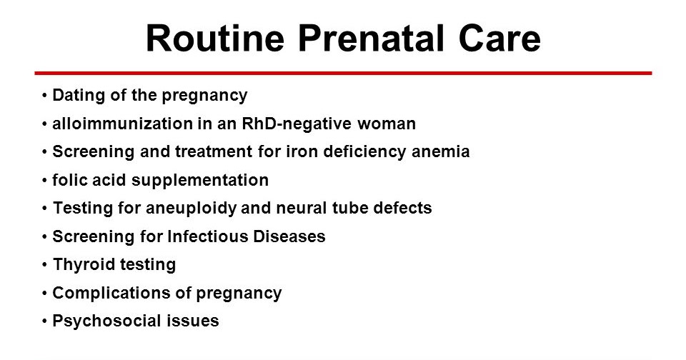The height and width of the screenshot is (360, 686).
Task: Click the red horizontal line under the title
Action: tap(343, 73)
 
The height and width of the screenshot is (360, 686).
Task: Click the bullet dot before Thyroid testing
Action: tap(45, 265)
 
